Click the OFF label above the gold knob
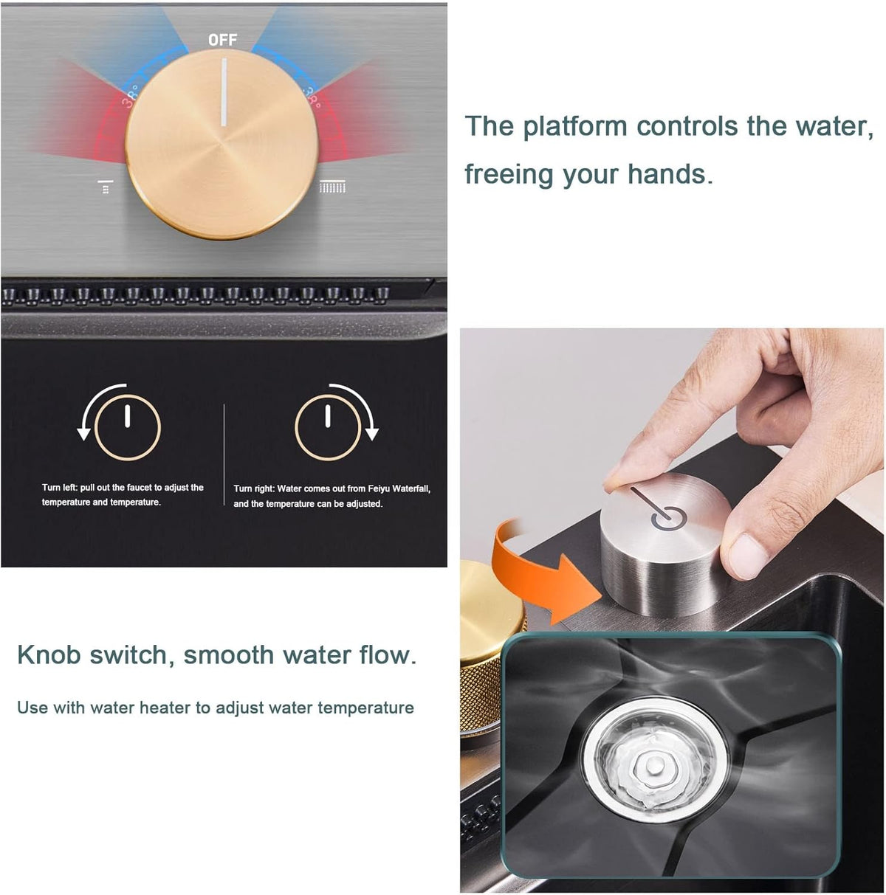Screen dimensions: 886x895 222,40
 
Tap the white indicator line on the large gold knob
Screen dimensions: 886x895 224,92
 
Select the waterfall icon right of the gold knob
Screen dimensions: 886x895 332,187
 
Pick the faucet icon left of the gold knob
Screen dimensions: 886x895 106,187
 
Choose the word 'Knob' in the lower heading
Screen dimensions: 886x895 49,655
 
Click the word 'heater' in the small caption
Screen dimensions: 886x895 165,708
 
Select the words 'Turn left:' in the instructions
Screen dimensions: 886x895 60,488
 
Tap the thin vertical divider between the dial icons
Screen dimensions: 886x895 224,455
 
